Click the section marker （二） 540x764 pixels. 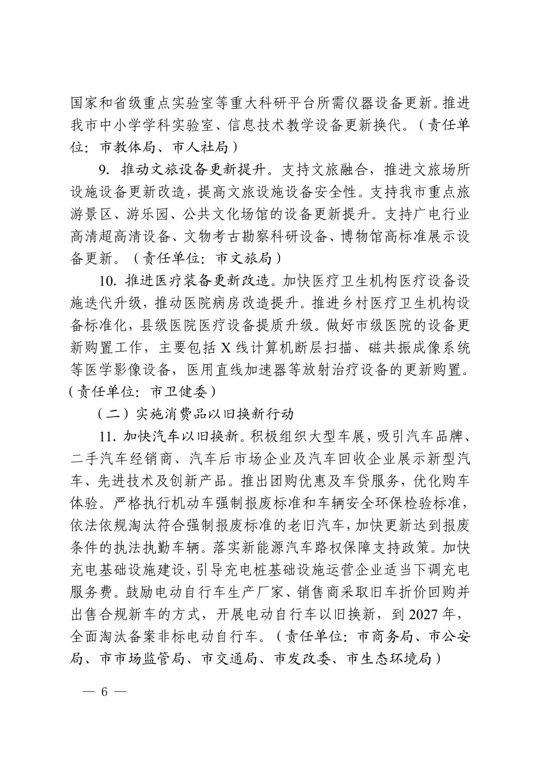114,414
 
